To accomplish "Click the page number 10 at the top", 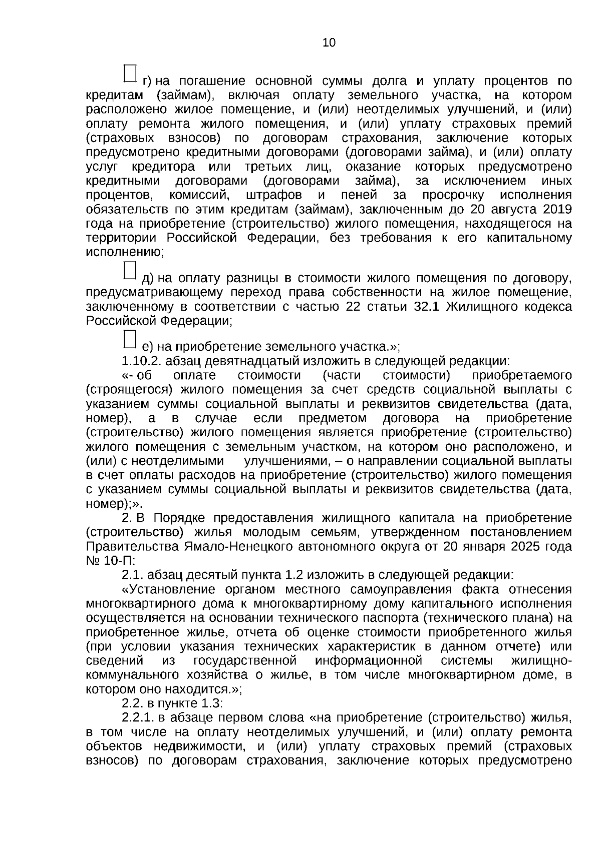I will pyautogui.click(x=329, y=43).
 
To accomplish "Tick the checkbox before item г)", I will pyautogui.click(x=130, y=73).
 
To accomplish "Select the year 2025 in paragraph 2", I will pyautogui.click(x=526, y=546).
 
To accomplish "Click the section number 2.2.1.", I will pyautogui.click(x=138, y=718).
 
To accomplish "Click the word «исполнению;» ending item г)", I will pyautogui.click(x=125, y=252).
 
